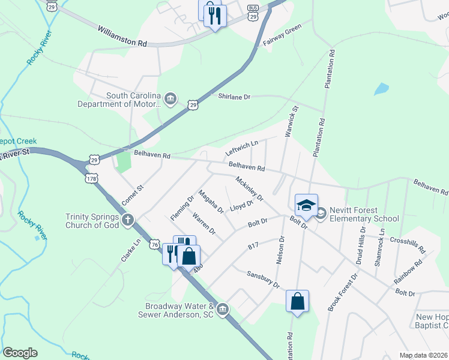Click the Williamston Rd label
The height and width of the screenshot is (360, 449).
(122, 35)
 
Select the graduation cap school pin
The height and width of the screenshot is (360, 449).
(306, 205)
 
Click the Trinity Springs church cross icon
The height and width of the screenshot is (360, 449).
(127, 220)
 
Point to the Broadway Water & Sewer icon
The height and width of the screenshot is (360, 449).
(223, 309)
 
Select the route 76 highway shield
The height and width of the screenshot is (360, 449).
(155, 245)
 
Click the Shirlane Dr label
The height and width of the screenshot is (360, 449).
(234, 97)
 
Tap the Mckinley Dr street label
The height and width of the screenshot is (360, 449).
(250, 189)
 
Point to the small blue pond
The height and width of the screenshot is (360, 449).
(381, 89)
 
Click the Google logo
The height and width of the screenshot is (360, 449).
(20, 353)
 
